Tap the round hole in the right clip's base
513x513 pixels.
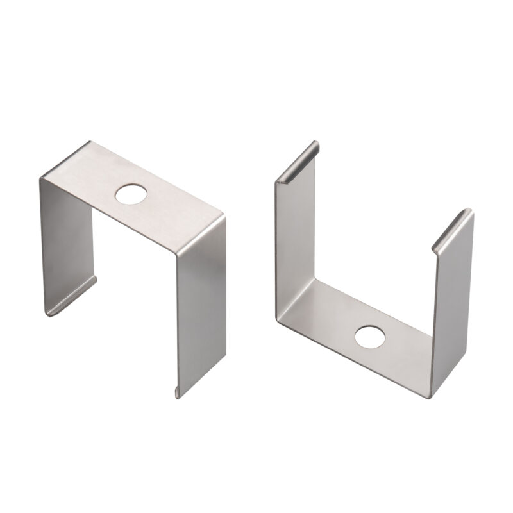(368, 336)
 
